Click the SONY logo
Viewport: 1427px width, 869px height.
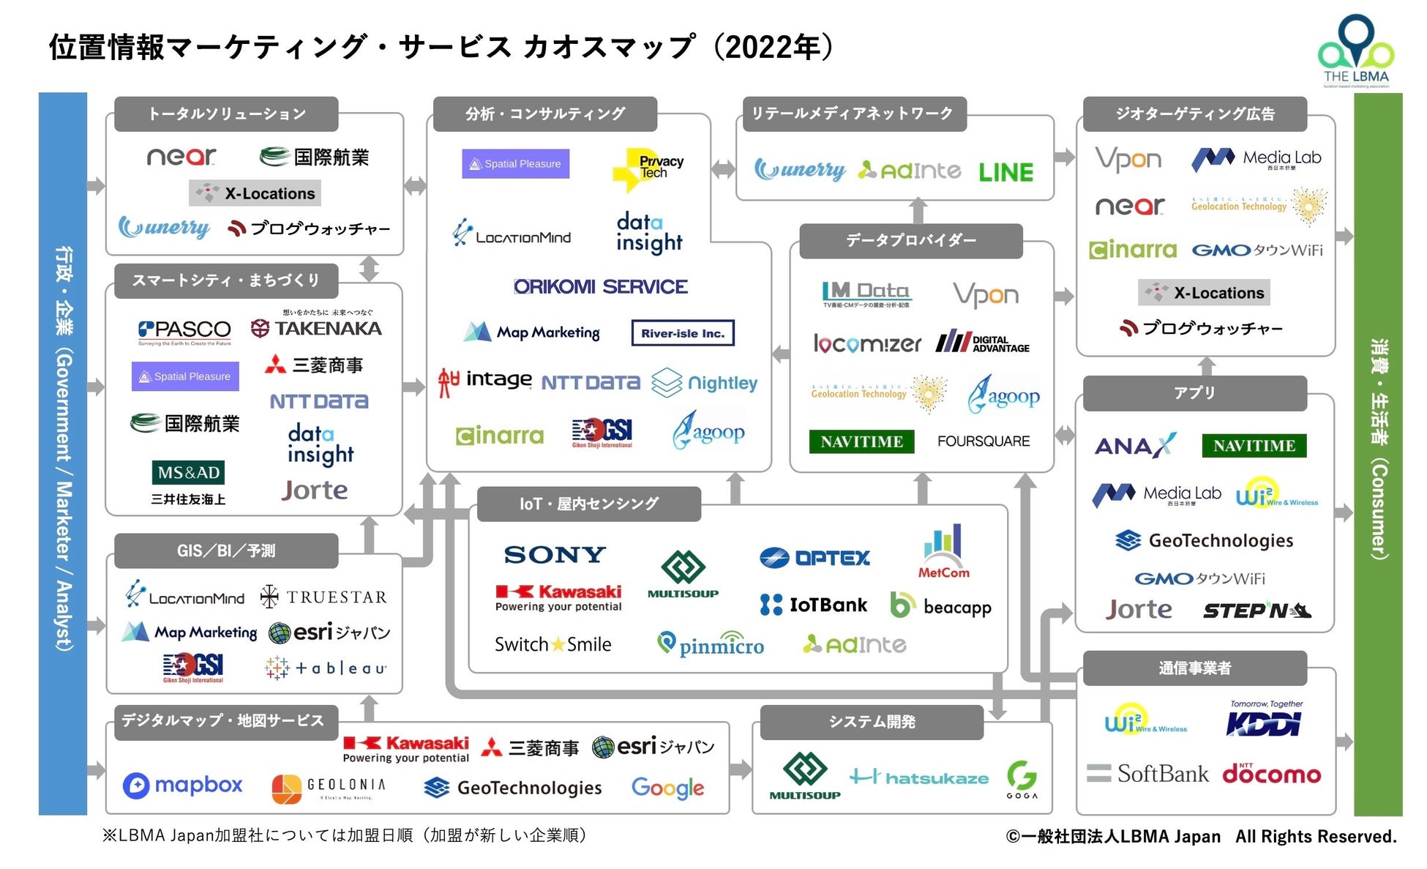555,555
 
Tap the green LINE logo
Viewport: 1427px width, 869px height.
1006,172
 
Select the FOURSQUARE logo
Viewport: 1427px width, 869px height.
984,441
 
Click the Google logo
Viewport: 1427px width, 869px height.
667,788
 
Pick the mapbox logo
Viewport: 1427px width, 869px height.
183,786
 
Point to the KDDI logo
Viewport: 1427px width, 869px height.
1265,723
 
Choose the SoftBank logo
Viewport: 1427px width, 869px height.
1148,774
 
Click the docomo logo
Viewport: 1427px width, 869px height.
1272,774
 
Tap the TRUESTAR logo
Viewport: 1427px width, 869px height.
324,597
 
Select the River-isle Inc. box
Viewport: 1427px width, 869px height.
683,333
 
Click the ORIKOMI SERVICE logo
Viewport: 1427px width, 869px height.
601,286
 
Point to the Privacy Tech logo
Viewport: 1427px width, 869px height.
648,168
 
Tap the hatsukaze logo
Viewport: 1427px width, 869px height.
919,777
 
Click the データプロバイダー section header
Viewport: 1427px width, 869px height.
911,240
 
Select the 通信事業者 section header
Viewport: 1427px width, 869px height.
1194,668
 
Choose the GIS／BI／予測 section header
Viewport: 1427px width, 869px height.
226,551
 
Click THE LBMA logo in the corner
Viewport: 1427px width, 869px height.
1356,51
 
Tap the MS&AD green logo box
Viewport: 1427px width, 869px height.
189,472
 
